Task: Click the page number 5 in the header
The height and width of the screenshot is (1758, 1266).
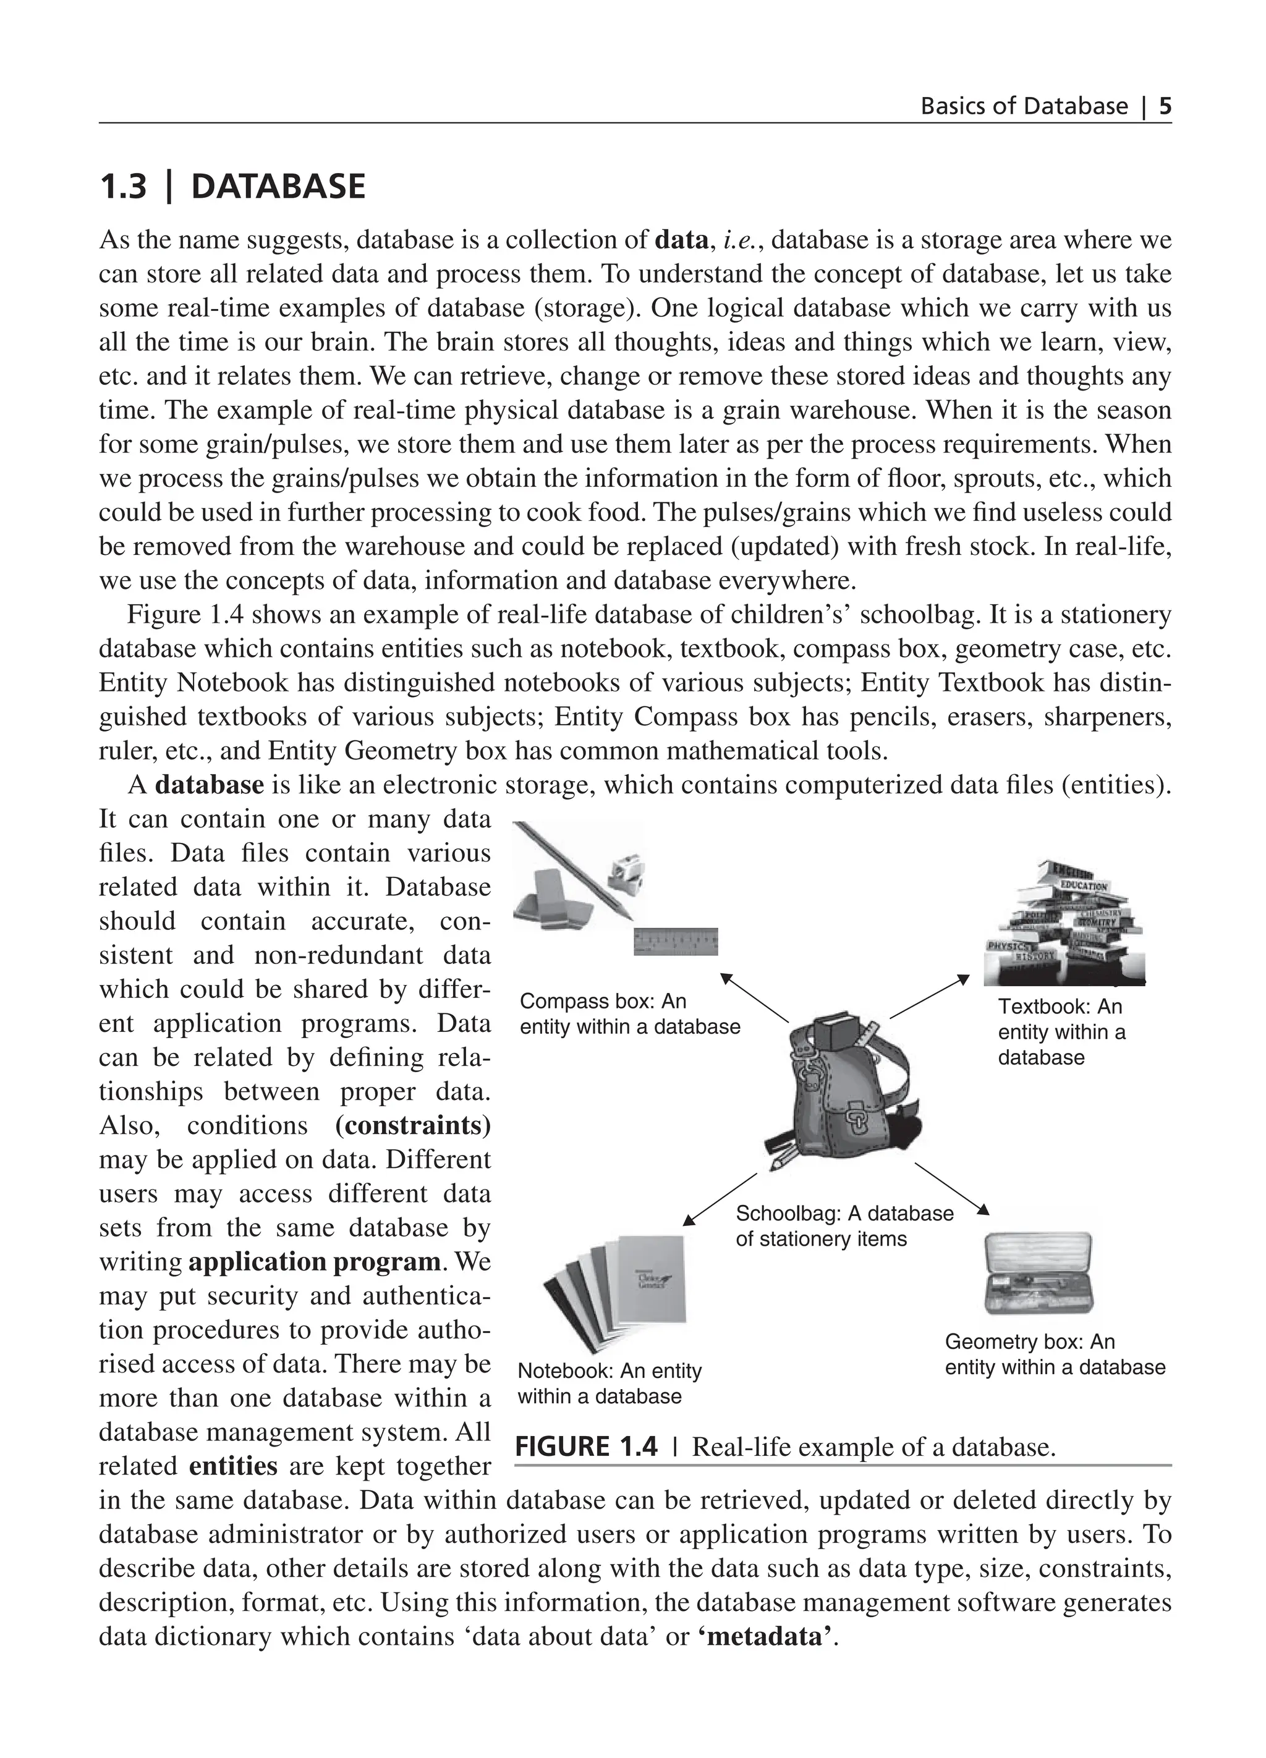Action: pos(1165,106)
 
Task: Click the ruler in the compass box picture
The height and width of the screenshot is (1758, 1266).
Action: pos(675,941)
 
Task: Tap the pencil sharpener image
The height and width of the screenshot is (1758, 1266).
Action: pos(626,874)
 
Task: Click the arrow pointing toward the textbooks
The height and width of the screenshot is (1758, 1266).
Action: pos(930,997)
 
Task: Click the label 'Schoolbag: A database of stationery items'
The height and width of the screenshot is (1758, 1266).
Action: pos(844,1225)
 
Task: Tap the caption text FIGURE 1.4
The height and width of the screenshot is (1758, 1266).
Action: pos(586,1447)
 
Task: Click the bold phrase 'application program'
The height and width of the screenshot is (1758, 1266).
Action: pos(315,1261)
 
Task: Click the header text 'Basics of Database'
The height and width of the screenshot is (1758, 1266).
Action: pos(1023,106)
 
